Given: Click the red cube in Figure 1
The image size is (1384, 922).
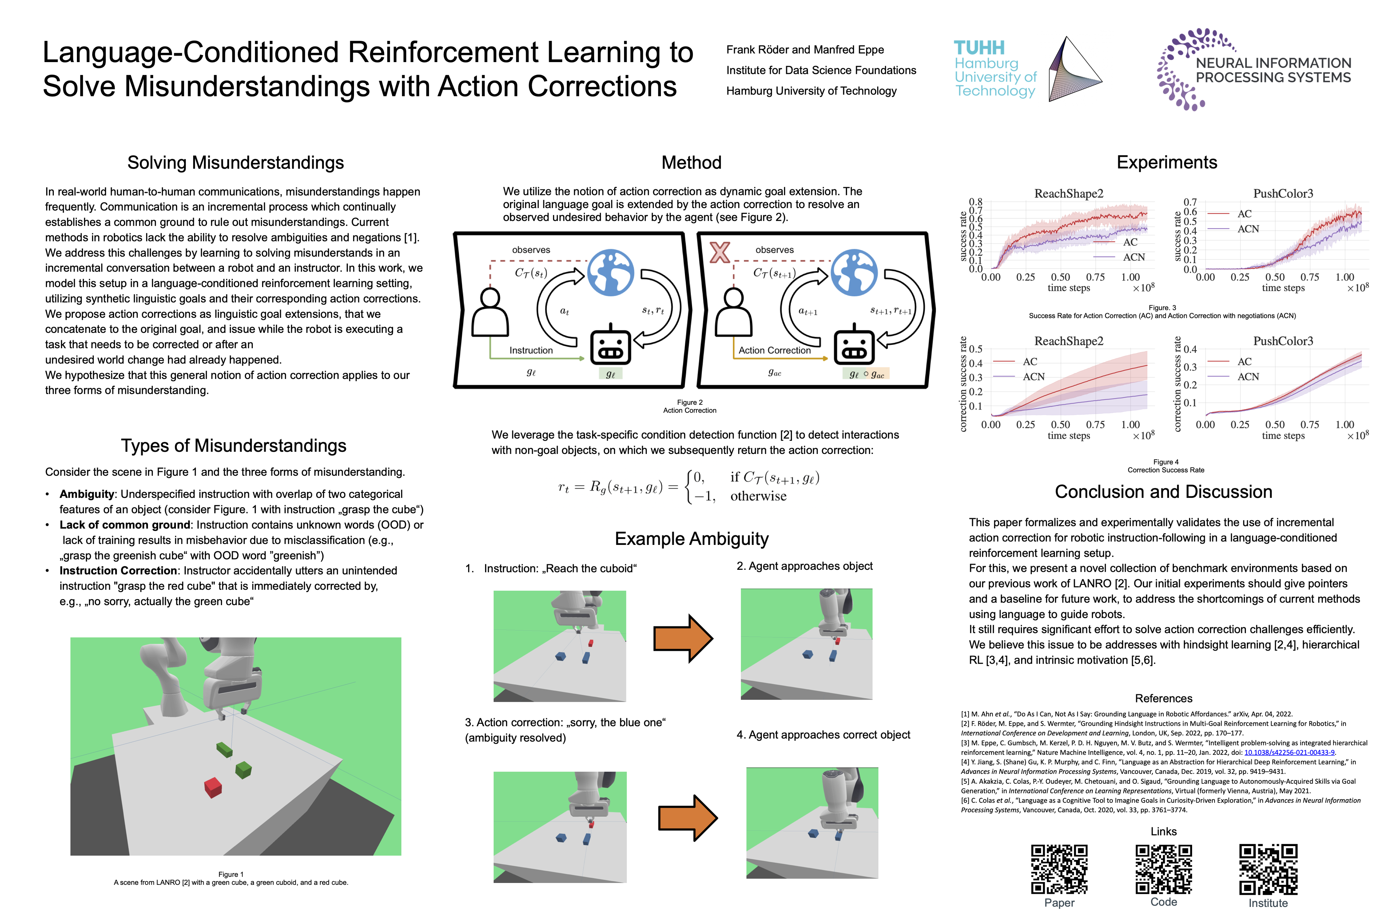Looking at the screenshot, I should point(212,787).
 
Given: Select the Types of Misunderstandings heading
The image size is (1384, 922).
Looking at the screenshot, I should point(234,446).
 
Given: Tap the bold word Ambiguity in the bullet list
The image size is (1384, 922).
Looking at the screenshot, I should point(86,494).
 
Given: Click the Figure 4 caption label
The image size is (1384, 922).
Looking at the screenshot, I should point(1166,462).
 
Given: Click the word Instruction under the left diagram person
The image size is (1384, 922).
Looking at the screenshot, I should point(531,351).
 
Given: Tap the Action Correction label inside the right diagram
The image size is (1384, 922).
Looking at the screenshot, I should point(774,351).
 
